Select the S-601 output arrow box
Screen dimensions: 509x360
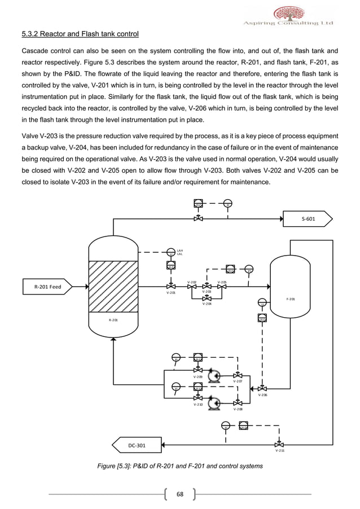(x=309, y=218)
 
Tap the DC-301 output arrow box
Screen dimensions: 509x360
(x=138, y=445)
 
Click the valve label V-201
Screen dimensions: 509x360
(x=171, y=293)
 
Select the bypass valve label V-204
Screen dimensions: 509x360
(x=207, y=304)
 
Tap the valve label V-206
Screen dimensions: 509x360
(x=263, y=396)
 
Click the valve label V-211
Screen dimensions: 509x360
(x=280, y=451)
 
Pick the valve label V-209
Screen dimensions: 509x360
(x=198, y=376)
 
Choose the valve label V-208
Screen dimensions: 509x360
(x=239, y=409)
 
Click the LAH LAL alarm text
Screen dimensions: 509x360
(x=180, y=252)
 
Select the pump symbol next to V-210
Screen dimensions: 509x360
(x=213, y=402)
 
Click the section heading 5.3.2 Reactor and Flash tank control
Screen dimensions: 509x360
(x=80, y=34)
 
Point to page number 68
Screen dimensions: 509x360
(x=180, y=495)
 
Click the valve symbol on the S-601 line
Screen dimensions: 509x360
(x=198, y=218)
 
